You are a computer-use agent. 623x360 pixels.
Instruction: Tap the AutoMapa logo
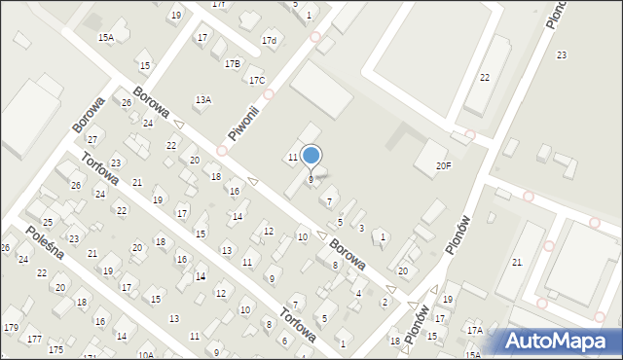(557, 341)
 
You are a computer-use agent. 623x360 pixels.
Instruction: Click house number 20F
(443, 166)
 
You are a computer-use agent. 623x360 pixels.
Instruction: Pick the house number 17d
(269, 41)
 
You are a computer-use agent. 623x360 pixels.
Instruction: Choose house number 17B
(232, 63)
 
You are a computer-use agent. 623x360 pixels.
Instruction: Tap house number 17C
(256, 81)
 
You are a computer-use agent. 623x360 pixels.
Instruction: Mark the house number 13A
(203, 99)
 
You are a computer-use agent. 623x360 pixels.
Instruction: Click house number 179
(12, 326)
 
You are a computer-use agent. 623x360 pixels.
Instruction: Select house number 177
(34, 339)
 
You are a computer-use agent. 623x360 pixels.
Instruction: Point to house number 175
(55, 349)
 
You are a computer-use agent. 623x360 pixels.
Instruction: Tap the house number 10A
(146, 354)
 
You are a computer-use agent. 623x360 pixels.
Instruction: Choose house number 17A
(474, 331)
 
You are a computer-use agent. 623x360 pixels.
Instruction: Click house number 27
(92, 140)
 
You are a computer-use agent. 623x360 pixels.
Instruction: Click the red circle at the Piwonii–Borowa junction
(222, 151)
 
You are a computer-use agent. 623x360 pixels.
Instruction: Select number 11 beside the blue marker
(292, 157)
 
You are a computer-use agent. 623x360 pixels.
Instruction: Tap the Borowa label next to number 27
(89, 115)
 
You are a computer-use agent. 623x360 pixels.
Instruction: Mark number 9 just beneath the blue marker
(311, 179)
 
